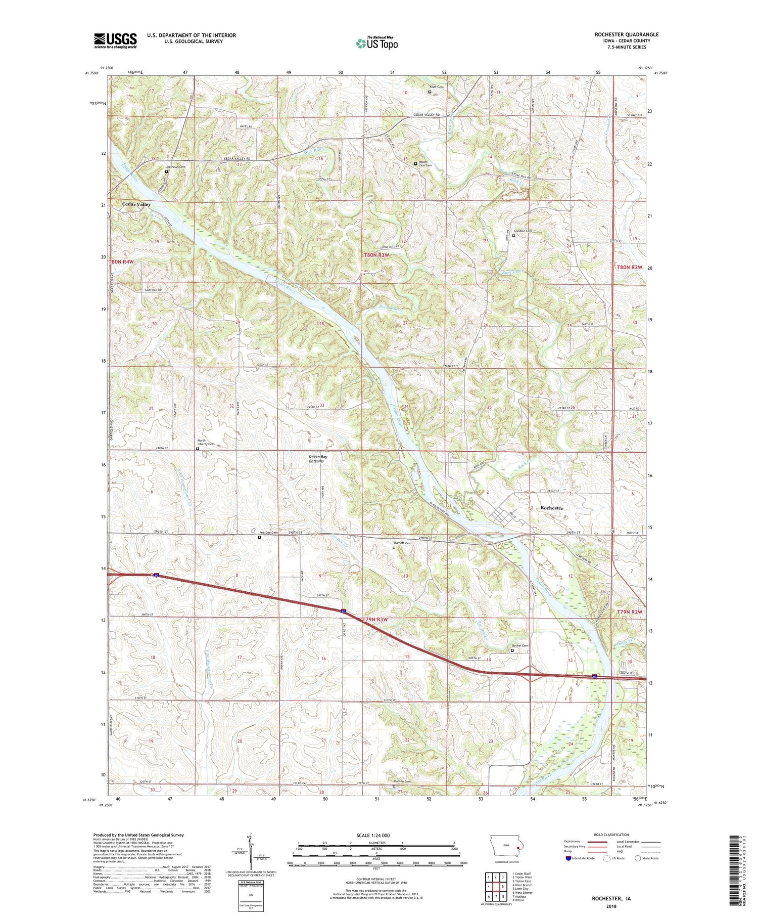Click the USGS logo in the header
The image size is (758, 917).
(115, 40)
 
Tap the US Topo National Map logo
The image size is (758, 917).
(376, 43)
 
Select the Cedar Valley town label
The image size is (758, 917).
(136, 204)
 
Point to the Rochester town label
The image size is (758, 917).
(551, 508)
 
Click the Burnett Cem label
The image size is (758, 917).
(403, 543)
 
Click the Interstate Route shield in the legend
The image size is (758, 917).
(568, 858)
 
